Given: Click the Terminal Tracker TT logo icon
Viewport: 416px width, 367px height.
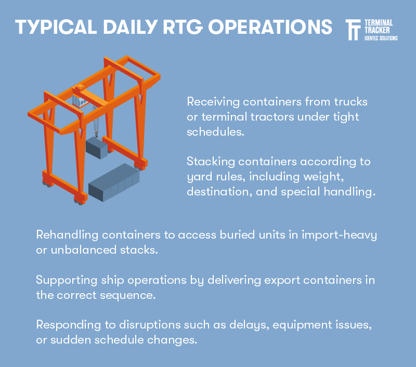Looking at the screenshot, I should (353, 30).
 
